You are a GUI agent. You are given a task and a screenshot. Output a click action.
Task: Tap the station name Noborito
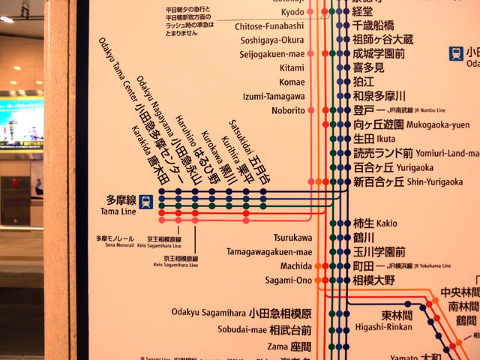[x=288, y=110]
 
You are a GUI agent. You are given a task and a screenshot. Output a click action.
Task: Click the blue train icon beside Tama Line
[x=147, y=201]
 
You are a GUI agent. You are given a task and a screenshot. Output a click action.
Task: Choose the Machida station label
[x=295, y=266]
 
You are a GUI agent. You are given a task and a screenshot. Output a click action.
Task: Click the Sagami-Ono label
[x=288, y=280]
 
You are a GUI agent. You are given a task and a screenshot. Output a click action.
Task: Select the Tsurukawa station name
[x=292, y=238]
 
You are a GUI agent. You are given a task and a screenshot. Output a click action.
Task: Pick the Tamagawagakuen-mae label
[x=269, y=252]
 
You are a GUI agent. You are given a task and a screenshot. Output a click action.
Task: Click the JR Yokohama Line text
[x=424, y=266]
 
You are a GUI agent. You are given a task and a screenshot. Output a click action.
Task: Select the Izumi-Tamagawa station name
[x=274, y=96]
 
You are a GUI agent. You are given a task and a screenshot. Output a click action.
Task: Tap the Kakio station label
[x=387, y=223]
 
